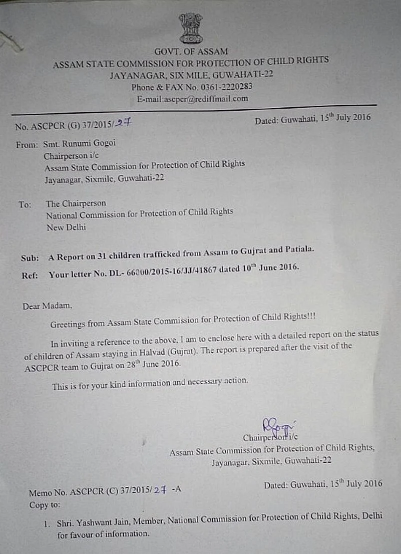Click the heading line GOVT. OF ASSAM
point(191,51)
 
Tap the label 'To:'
point(25,204)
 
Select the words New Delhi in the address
point(66,227)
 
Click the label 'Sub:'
point(30,258)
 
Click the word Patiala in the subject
point(297,249)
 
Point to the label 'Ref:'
point(29,275)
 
